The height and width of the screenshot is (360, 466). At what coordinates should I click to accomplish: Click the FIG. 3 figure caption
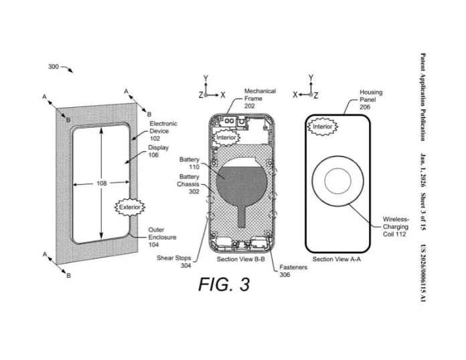coord(224,284)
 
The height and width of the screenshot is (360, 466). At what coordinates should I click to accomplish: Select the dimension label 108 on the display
coord(101,183)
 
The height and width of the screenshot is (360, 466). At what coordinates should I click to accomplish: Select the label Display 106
coord(158,151)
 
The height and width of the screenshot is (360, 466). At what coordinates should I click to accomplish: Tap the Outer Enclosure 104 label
coord(161,237)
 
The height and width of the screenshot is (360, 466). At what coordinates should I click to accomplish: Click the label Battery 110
coord(189,163)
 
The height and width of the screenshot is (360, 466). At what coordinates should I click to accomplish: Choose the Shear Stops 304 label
coord(173,261)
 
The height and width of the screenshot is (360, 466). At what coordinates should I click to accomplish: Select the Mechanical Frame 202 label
coord(259,98)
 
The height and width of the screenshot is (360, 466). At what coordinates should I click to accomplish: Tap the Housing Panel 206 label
coord(371,99)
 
